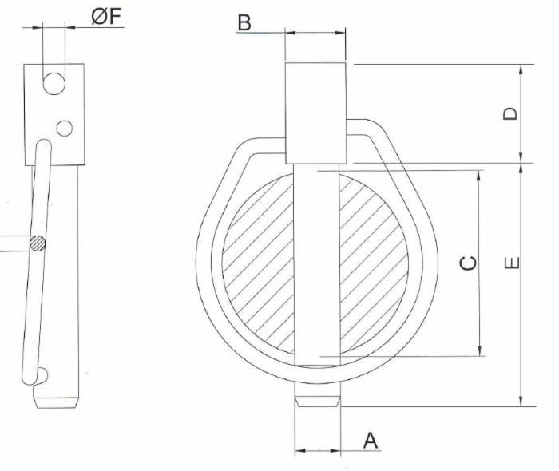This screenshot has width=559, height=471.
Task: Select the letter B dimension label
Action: coord(245,23)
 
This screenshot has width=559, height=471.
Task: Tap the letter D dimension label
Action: coord(510,113)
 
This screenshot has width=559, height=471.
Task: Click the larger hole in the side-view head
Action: coord(54,83)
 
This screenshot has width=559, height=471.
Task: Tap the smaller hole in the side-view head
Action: coord(65,127)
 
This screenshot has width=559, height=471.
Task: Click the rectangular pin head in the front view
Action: coord(316,112)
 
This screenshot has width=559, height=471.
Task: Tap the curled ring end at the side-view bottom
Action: coord(42,374)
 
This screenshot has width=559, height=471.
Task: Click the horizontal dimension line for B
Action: coord(315,34)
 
